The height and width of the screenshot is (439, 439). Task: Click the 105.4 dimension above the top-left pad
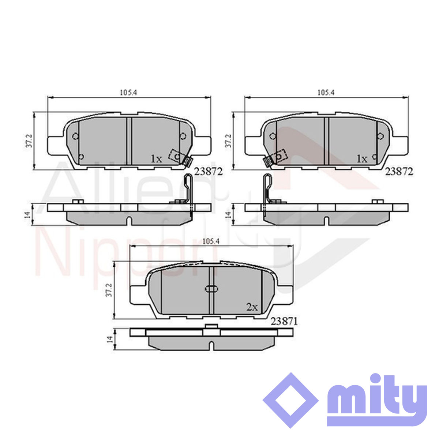pyautogui.click(x=128, y=93)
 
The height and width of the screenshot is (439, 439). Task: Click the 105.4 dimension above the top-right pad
pyautogui.click(x=326, y=93)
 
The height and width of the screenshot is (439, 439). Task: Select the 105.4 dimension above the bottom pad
pyautogui.click(x=211, y=241)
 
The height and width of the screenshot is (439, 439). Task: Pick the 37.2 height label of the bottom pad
pyautogui.click(x=110, y=290)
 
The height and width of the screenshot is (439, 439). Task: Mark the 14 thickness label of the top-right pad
pyautogui.click(x=228, y=215)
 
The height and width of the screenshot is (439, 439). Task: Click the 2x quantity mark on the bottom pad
pyautogui.click(x=252, y=307)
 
